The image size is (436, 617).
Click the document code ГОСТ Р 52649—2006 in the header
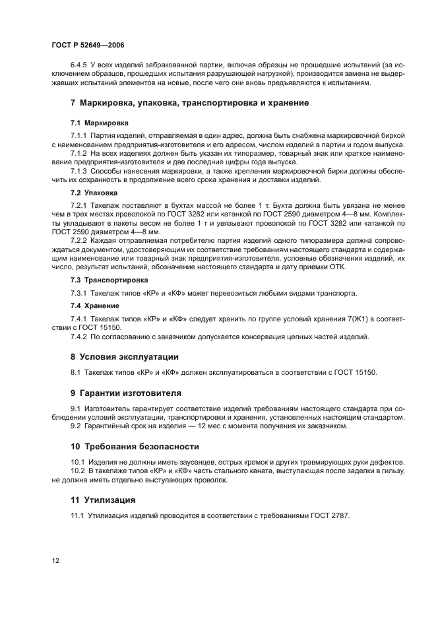88,45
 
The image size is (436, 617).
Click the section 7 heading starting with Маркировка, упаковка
189,103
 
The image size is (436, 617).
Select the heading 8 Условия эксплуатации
125,356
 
